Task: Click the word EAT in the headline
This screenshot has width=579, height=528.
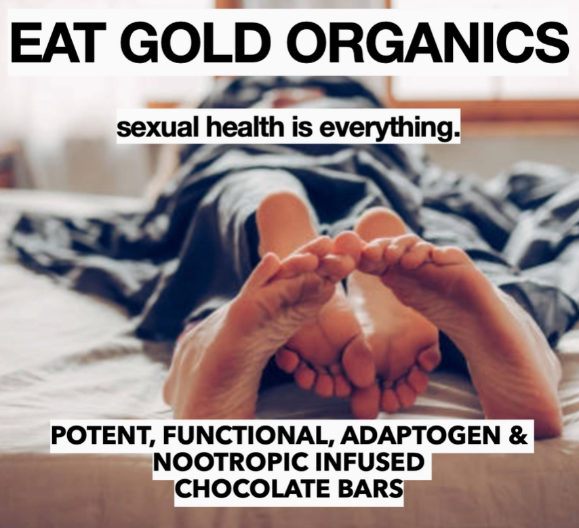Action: pos(54,42)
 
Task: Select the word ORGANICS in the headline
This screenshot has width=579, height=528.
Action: pos(428,42)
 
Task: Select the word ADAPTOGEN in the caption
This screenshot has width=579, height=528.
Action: pos(420,436)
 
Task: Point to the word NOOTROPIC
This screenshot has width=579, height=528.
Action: pos(231,462)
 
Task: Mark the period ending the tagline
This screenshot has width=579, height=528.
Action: pos(456,134)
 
